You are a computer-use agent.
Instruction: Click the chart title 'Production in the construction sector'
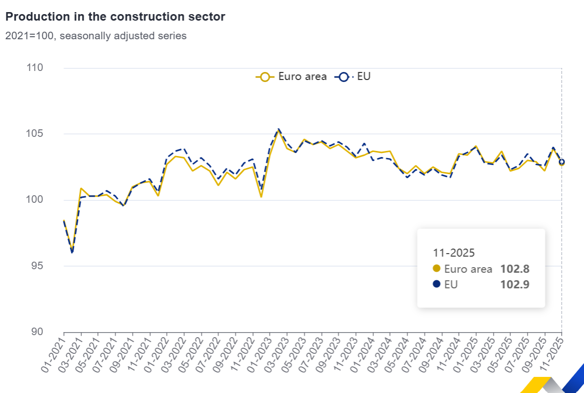pos(115,17)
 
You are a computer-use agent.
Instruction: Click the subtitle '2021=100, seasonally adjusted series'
pos(96,36)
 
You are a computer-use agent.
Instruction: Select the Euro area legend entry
pos(291,77)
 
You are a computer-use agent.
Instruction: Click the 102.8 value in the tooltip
pos(514,269)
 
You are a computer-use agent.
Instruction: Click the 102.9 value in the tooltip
pos(514,284)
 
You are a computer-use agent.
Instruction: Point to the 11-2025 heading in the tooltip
pos(454,253)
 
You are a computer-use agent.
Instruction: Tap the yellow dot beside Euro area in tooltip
pos(436,269)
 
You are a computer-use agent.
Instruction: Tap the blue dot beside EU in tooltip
pos(436,284)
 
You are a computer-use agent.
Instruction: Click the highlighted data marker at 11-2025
pos(562,162)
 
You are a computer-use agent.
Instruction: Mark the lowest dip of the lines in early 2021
pos(72,252)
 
